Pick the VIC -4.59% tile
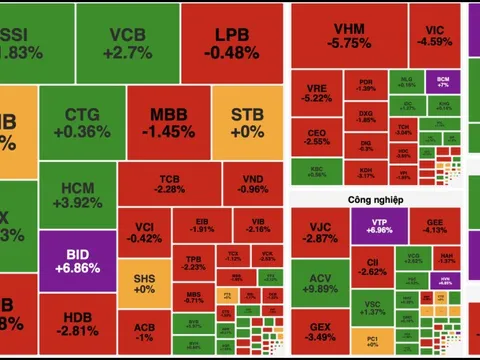(435, 35)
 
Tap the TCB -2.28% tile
(169, 184)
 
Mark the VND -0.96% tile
(253, 184)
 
